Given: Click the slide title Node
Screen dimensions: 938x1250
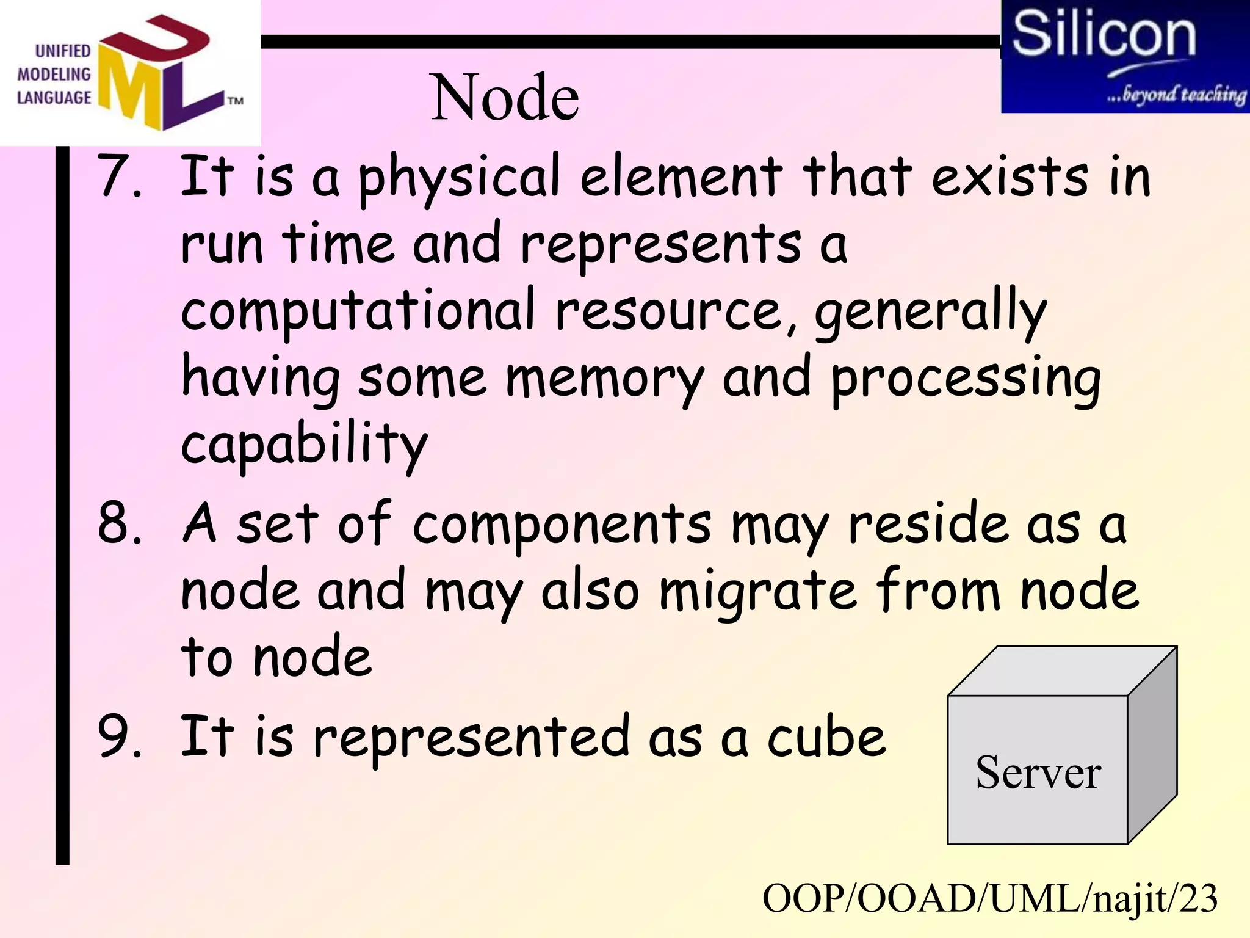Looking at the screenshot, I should [x=505, y=98].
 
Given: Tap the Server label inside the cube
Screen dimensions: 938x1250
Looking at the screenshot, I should [x=1038, y=773].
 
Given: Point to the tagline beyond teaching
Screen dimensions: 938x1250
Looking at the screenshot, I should [x=1176, y=95].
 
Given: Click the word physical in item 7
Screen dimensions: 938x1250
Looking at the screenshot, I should [x=459, y=178].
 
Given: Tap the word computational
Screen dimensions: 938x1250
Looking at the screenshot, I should [x=358, y=311].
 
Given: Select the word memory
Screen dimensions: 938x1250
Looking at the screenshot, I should [x=605, y=379].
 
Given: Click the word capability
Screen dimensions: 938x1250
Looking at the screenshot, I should [x=304, y=445].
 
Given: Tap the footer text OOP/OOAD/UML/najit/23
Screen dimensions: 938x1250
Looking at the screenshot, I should [x=990, y=899].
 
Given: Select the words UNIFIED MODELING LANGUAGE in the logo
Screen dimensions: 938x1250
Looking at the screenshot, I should [x=54, y=75].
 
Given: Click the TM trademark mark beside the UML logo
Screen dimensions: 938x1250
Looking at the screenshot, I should [x=235, y=101].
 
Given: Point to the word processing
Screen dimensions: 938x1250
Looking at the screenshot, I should [x=966, y=379].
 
